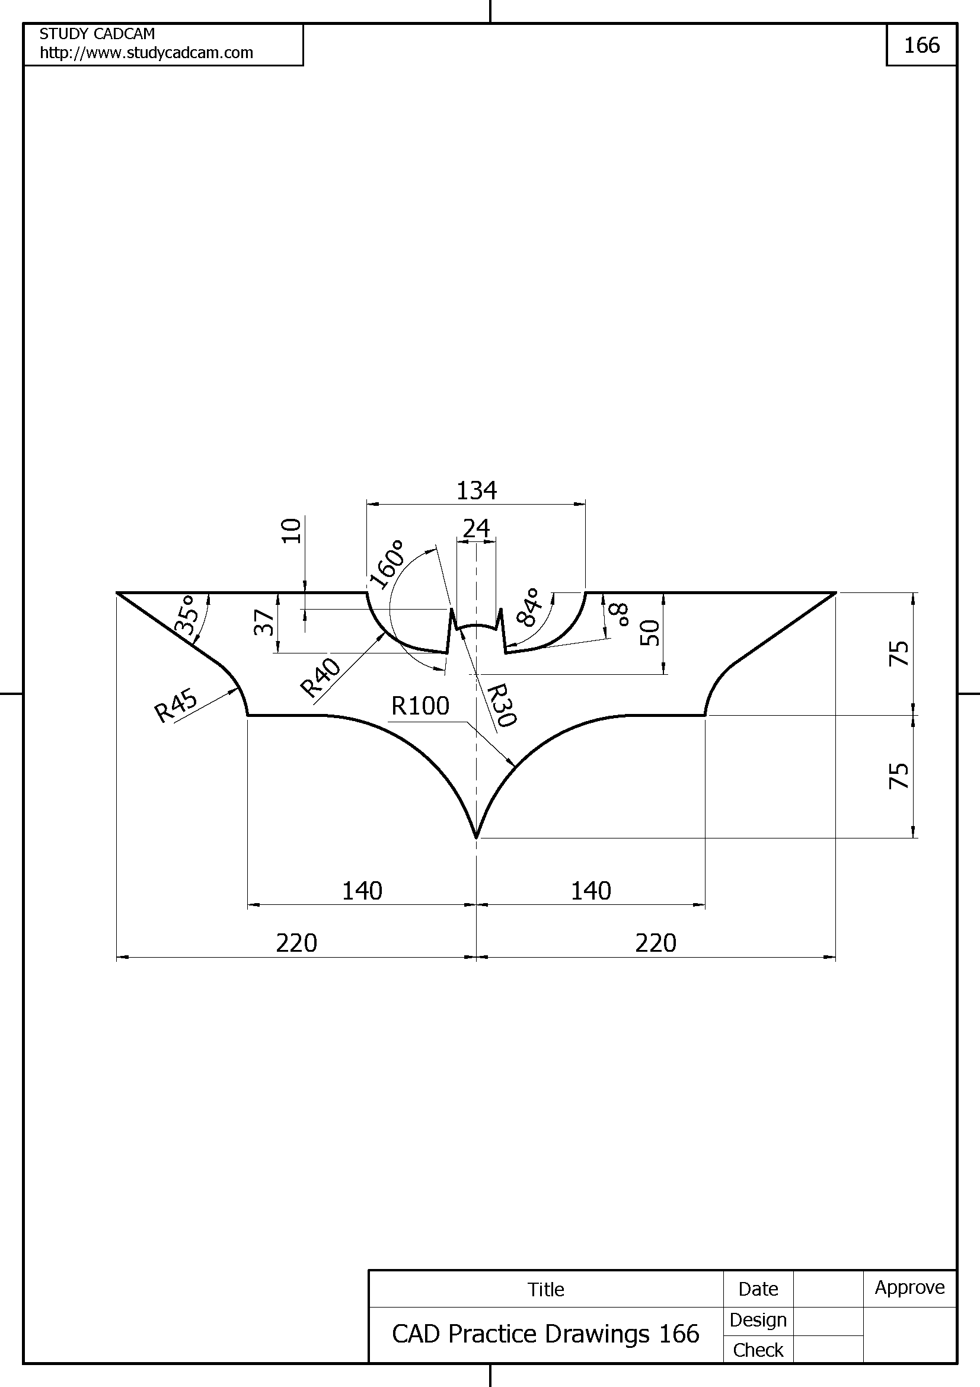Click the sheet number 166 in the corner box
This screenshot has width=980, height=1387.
pyautogui.click(x=921, y=45)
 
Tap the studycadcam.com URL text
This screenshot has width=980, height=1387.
pyautogui.click(x=146, y=53)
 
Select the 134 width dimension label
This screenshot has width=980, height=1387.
pyautogui.click(x=476, y=490)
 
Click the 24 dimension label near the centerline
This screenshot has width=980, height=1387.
pyautogui.click(x=476, y=528)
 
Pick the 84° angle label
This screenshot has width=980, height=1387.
pyautogui.click(x=528, y=607)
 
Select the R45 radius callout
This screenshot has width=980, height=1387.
pyautogui.click(x=175, y=705)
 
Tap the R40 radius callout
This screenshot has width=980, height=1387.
pyautogui.click(x=320, y=678)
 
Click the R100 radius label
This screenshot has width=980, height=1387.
pyautogui.click(x=420, y=706)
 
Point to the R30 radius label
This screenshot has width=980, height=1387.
pyautogui.click(x=501, y=704)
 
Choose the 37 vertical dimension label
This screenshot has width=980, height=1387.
pyautogui.click(x=264, y=622)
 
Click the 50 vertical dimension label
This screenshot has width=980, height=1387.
pyautogui.click(x=650, y=633)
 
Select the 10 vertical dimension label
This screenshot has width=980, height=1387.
pyautogui.click(x=292, y=531)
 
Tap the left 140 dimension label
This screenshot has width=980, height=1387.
pyautogui.click(x=362, y=891)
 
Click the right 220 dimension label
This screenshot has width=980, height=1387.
pyautogui.click(x=655, y=942)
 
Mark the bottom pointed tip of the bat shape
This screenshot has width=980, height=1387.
pyautogui.click(x=477, y=837)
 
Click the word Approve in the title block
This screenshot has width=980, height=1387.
pyautogui.click(x=909, y=1287)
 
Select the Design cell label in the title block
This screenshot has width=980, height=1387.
pyautogui.click(x=758, y=1320)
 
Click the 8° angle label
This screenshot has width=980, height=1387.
pyautogui.click(x=620, y=614)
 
